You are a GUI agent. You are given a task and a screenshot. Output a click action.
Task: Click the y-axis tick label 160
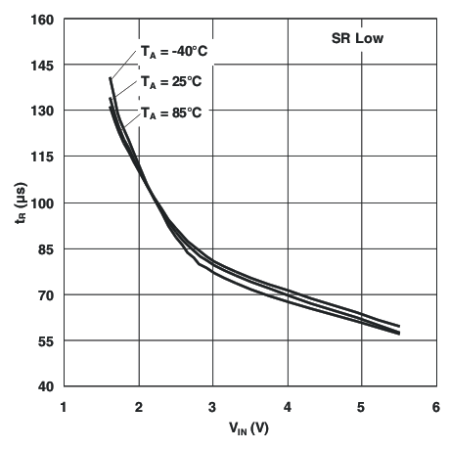coord(42,19)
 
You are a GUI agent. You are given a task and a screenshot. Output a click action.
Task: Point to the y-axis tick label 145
coord(42,65)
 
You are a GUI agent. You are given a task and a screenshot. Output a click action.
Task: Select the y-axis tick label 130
coord(42,111)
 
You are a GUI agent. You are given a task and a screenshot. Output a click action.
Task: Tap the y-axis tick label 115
coord(42,157)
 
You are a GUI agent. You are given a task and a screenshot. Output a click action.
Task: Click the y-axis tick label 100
coord(42,202)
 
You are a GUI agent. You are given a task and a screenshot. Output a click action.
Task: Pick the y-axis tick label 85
coord(45,248)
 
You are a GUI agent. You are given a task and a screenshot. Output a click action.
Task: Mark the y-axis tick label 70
coord(45,294)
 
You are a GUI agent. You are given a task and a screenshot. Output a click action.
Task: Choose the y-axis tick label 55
coord(45,340)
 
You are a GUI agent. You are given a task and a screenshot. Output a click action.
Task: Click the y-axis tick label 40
coord(45,386)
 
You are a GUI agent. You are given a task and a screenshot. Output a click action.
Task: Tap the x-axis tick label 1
coord(65,406)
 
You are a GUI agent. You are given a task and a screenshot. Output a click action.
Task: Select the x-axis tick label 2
coord(139,406)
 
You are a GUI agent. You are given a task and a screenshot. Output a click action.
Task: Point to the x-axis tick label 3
coord(213,406)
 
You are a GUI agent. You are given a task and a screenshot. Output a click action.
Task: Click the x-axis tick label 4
coord(288,406)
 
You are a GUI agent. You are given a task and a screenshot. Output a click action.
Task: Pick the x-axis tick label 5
coord(362,406)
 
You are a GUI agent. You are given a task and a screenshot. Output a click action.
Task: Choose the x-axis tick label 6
coord(436,406)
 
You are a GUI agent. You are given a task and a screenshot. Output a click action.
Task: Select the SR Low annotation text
coord(357,40)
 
